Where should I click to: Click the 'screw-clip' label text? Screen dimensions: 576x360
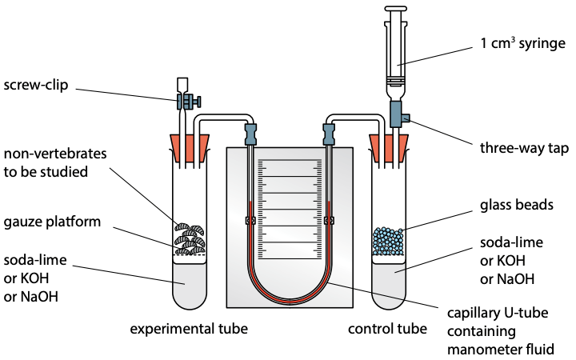tap(36, 85)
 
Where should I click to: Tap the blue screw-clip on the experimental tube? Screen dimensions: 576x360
tap(189, 102)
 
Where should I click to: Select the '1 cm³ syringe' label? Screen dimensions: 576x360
tap(523, 43)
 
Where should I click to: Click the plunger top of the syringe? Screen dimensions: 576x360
tap(396, 8)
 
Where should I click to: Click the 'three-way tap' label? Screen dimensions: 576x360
tap(524, 148)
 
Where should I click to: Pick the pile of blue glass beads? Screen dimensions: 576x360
tap(388, 241)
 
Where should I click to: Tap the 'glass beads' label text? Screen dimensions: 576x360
tap(517, 205)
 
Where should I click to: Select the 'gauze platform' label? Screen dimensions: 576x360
tap(52, 222)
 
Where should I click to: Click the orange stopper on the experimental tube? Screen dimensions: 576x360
tap(190, 148)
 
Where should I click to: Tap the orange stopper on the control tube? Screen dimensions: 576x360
tap(389, 148)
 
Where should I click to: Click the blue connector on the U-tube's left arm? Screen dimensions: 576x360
tap(250, 134)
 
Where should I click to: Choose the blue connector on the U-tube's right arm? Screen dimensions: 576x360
tap(329, 134)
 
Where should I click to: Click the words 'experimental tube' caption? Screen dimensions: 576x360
tap(189, 329)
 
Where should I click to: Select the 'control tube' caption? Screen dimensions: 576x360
tap(387, 329)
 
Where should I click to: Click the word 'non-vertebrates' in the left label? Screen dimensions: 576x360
tap(55, 154)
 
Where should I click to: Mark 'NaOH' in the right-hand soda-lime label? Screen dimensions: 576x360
tap(507, 279)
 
